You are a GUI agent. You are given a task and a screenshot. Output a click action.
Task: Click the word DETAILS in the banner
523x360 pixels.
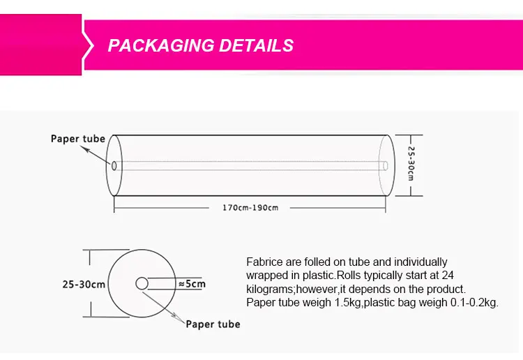[256, 46]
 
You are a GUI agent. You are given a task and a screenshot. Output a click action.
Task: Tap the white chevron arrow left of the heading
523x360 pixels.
[89, 47]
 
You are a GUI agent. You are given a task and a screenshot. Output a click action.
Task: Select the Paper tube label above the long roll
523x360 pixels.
[77, 138]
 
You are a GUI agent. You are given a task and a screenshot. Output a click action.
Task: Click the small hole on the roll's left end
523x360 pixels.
[114, 165]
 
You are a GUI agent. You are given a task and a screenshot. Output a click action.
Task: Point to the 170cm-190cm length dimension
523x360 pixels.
[250, 207]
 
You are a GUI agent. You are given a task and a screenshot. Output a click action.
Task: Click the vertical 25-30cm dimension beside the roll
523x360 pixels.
[411, 165]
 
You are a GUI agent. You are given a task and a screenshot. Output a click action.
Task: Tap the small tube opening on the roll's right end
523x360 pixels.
[386, 165]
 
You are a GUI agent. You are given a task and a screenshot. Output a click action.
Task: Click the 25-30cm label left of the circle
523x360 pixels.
[84, 284]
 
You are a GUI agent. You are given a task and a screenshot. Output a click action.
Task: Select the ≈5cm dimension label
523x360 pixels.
[191, 284]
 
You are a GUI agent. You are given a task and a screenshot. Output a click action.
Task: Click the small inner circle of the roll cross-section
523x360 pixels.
[142, 283]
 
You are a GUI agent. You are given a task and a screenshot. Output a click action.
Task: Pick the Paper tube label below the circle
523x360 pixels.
[213, 324]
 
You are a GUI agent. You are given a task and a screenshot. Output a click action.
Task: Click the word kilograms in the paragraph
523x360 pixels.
[271, 289]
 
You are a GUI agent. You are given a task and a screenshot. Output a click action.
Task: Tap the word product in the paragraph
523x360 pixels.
[446, 289]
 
